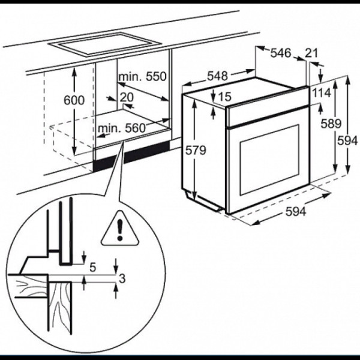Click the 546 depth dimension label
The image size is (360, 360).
(281, 53)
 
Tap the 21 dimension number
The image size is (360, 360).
(311, 53)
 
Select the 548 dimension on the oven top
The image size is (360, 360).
(217, 76)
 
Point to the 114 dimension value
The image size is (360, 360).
(322, 93)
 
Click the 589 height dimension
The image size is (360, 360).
(331, 124)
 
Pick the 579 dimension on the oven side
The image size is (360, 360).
(196, 151)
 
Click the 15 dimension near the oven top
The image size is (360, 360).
(224, 97)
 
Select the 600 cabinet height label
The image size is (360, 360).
(74, 100)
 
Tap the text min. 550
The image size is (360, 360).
(142, 76)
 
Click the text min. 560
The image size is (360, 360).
(122, 128)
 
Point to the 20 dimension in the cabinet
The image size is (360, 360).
(127, 97)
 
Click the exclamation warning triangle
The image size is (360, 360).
(120, 228)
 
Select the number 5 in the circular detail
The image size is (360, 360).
(92, 268)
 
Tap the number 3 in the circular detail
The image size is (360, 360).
(122, 279)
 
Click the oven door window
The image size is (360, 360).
(269, 160)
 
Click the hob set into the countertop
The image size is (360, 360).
(106, 44)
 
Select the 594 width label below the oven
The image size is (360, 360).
(296, 211)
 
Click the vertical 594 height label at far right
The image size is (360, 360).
(347, 140)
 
